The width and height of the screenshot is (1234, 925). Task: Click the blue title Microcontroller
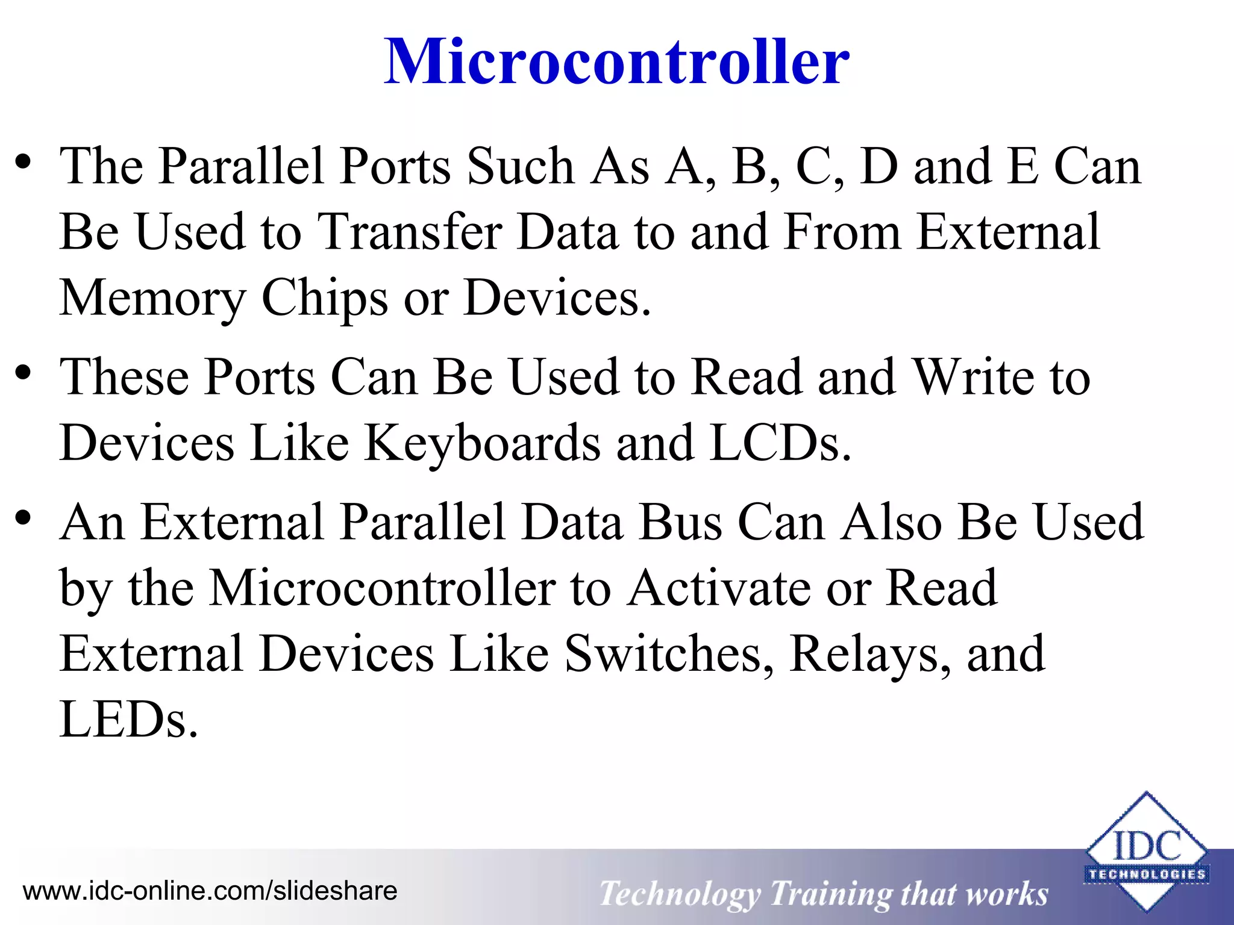(x=616, y=61)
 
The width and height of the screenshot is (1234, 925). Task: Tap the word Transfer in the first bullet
(x=410, y=232)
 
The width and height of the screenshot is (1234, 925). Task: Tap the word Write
(x=974, y=378)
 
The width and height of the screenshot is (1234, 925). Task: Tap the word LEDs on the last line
(x=128, y=720)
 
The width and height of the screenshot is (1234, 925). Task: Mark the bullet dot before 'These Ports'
(x=23, y=373)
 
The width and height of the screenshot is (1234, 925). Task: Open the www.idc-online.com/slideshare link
(x=210, y=891)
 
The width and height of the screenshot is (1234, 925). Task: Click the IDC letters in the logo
(x=1146, y=846)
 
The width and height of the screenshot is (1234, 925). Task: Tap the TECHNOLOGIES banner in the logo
(x=1146, y=874)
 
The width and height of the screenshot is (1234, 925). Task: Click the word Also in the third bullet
(x=892, y=522)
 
